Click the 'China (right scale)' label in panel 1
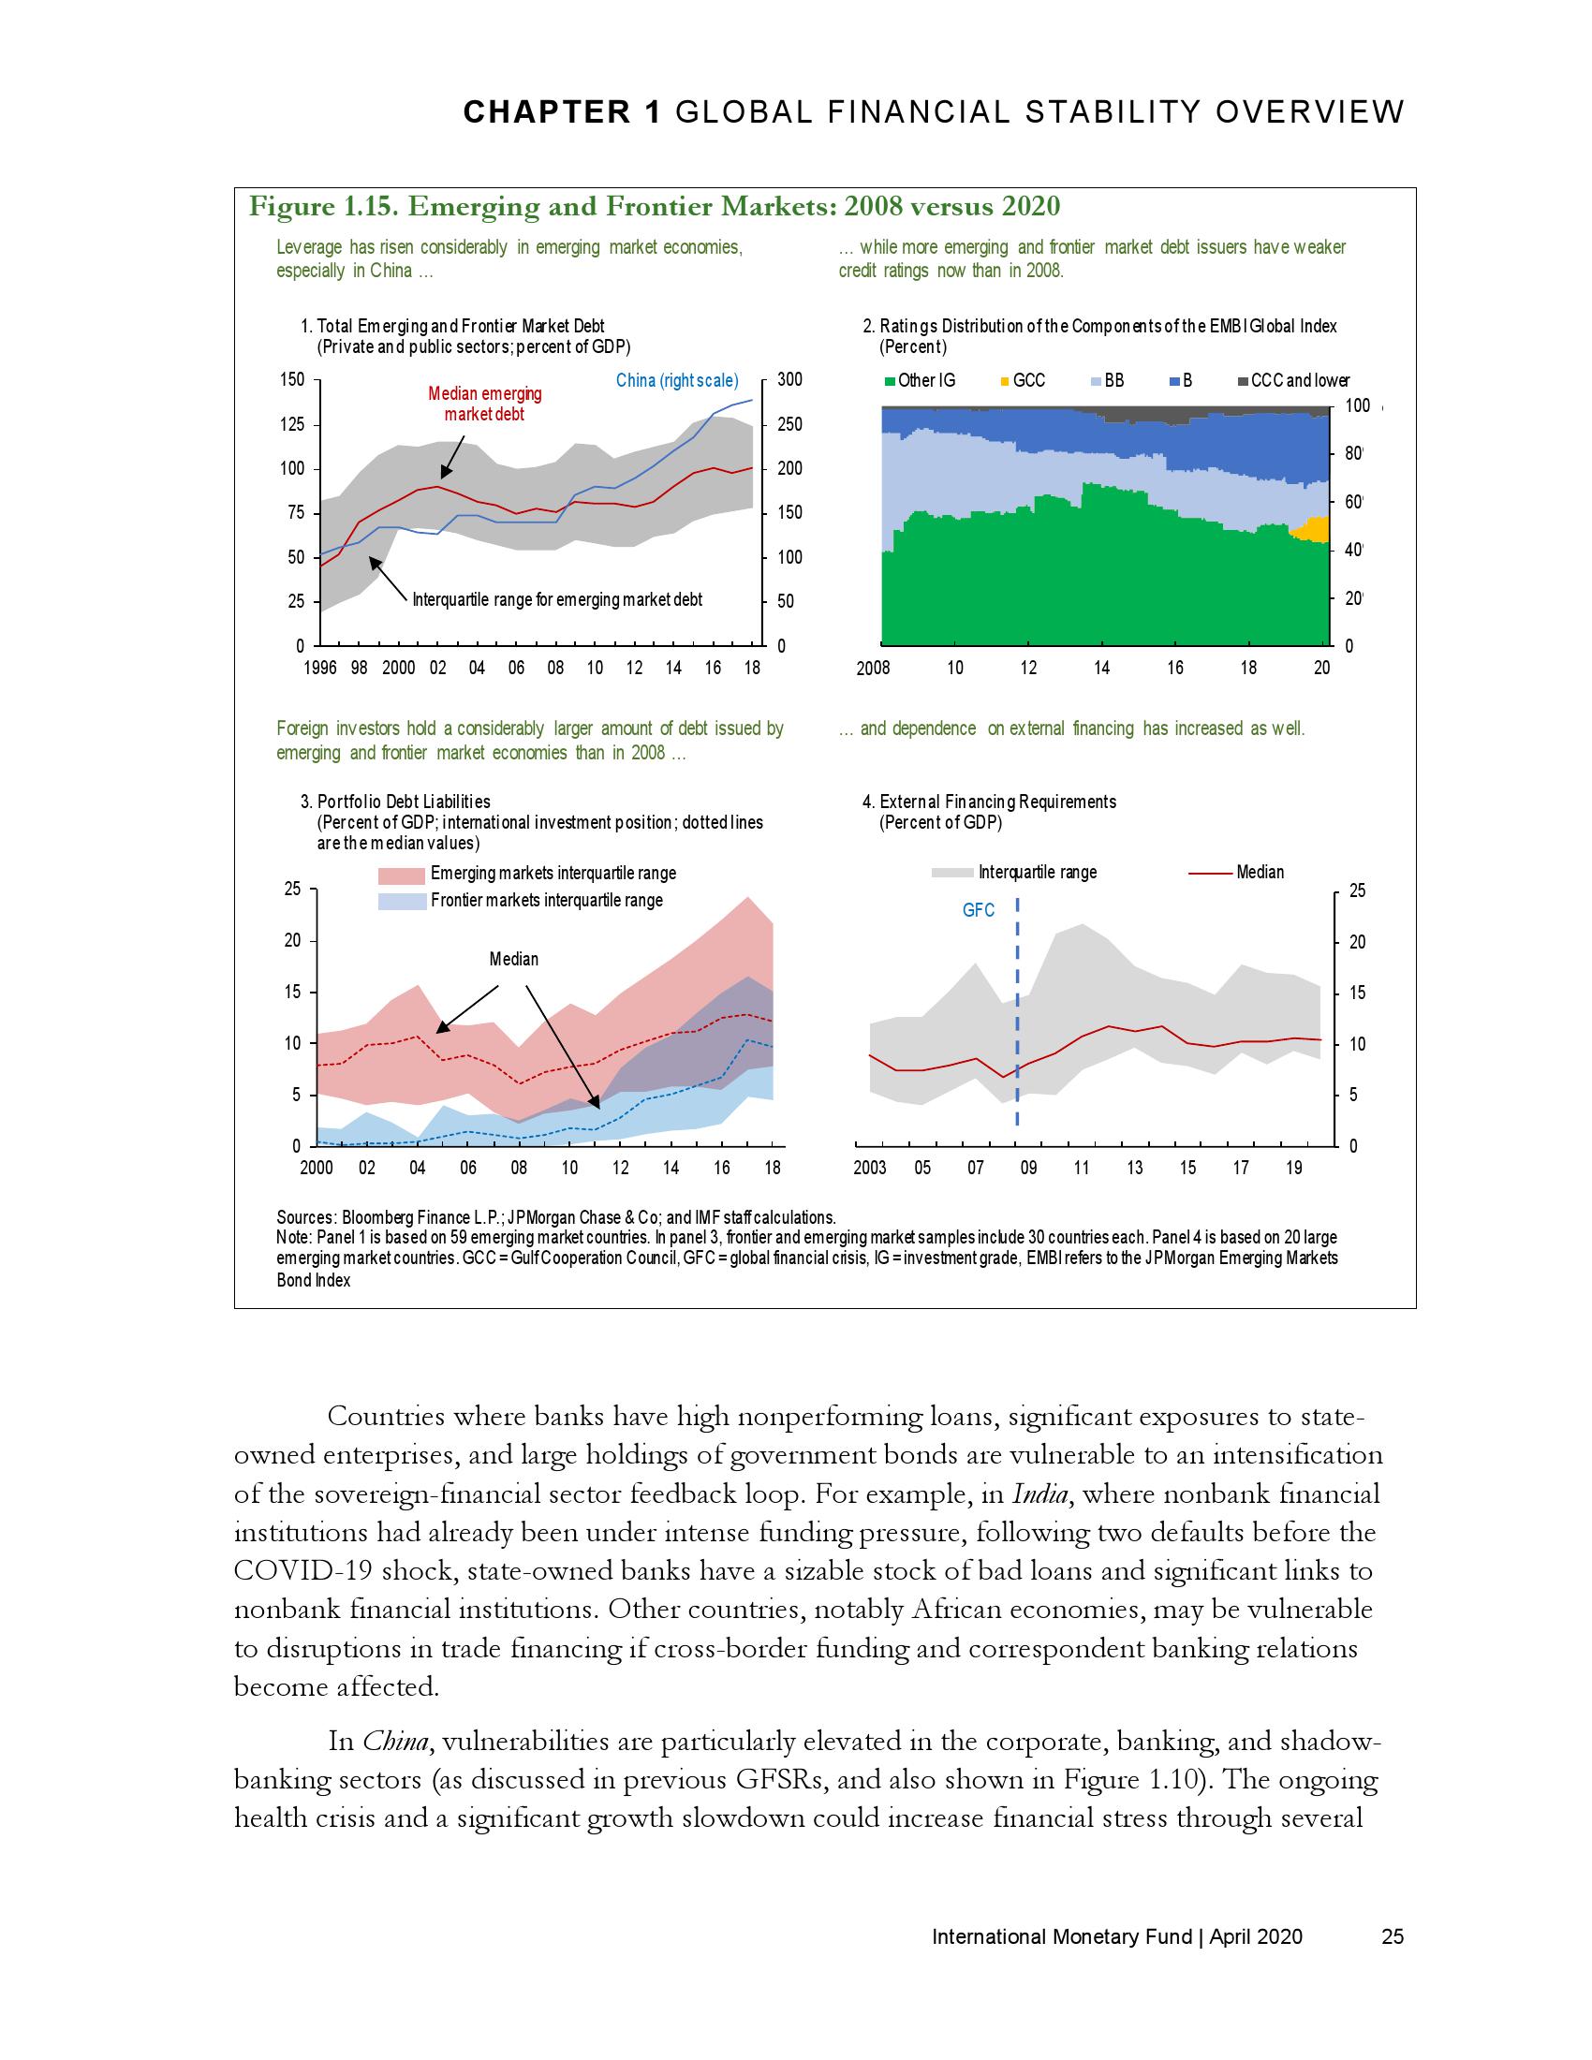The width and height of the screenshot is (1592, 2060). click(676, 381)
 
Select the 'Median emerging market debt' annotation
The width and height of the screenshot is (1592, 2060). click(485, 404)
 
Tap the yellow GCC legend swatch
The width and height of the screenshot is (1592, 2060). click(1005, 382)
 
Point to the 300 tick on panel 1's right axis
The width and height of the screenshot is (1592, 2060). click(789, 380)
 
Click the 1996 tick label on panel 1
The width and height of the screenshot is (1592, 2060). click(319, 669)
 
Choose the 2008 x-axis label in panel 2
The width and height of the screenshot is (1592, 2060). click(873, 669)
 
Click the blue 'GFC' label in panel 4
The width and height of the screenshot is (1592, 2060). click(978, 911)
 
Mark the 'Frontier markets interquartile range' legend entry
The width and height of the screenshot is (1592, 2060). click(546, 901)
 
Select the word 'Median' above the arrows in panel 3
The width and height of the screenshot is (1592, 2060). click(513, 959)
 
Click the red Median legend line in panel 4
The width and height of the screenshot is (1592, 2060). click(1210, 874)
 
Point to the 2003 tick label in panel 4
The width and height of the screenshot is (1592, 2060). click(870, 1169)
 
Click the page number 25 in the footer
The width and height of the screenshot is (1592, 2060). click(1392, 1937)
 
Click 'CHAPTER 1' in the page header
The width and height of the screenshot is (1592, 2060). click(561, 112)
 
